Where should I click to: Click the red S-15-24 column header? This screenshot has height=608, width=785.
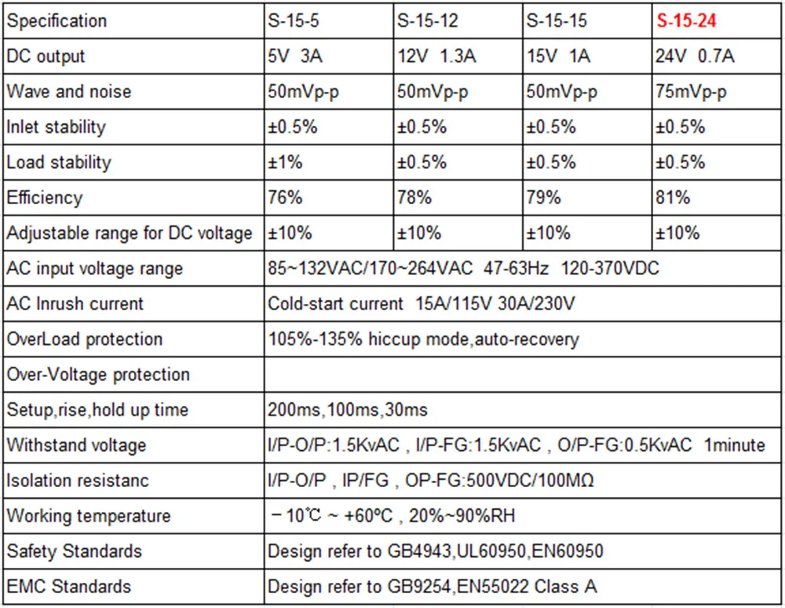tap(686, 20)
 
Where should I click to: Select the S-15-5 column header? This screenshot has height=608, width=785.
tap(294, 20)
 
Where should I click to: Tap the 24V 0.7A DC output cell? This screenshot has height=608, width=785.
tap(695, 56)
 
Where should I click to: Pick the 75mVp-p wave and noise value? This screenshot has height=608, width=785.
tap(691, 92)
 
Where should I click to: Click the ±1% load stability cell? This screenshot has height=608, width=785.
tap(285, 163)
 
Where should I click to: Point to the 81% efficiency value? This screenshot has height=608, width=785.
tap(673, 197)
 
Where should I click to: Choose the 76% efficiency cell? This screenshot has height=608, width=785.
tap(285, 197)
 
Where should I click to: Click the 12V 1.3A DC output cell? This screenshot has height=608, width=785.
tap(436, 56)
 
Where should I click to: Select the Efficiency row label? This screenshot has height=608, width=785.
tap(44, 197)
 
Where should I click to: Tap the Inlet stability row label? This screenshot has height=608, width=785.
tap(56, 126)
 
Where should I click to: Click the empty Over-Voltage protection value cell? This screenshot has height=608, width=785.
tap(522, 374)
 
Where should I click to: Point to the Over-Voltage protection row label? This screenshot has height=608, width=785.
tap(98, 375)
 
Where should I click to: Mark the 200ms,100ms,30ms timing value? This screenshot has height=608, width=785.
tap(348, 410)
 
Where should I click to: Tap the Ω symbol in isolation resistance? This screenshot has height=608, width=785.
tap(588, 480)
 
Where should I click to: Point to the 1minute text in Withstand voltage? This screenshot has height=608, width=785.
tap(735, 445)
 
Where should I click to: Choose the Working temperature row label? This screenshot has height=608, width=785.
tap(89, 516)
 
